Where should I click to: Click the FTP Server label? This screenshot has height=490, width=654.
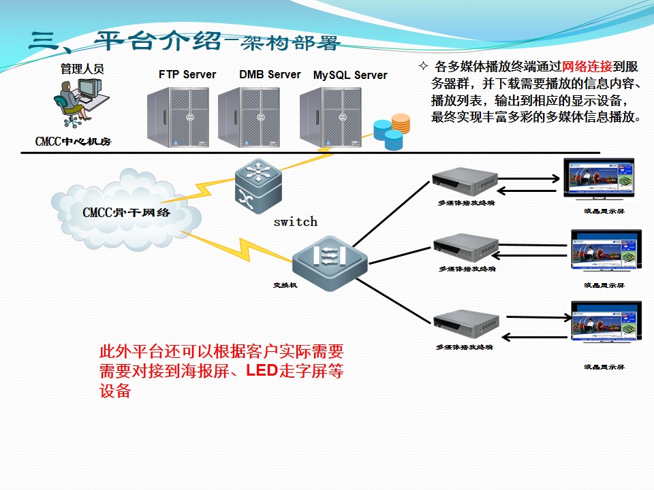point(187,75)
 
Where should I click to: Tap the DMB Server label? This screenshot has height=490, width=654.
point(270,75)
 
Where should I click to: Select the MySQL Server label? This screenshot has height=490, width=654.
point(350,76)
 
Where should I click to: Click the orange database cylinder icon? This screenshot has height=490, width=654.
point(401,123)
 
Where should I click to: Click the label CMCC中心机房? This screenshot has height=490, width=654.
point(73,142)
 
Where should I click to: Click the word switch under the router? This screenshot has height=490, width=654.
point(295,222)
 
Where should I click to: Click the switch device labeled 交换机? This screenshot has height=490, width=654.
point(330,259)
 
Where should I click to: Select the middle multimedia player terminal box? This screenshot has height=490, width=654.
point(467,248)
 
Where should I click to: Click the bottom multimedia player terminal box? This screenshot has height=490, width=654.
point(467,325)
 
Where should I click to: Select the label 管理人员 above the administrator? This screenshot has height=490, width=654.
point(82,69)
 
